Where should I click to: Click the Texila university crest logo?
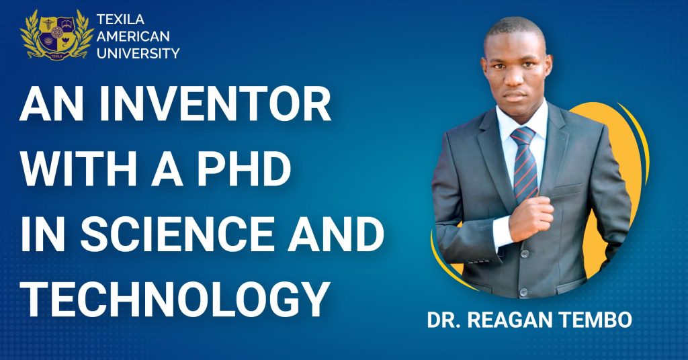[56, 35]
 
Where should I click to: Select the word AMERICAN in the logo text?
[133, 36]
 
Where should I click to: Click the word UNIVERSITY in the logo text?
[138, 54]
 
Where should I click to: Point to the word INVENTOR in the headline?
[215, 104]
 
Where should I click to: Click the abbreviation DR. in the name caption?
[443, 320]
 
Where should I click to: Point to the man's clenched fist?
[530, 218]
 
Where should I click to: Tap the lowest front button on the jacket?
[523, 291]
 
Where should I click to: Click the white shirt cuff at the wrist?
[502, 232]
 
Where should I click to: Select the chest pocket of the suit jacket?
[568, 189]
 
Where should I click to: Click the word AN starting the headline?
[51, 104]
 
